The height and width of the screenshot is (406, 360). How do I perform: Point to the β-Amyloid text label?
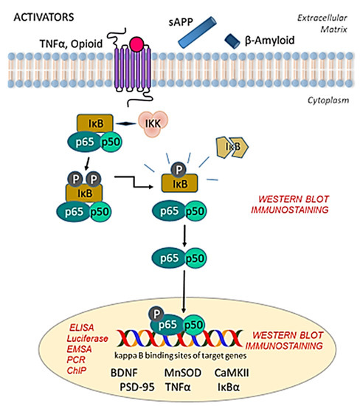coord(279,44)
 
